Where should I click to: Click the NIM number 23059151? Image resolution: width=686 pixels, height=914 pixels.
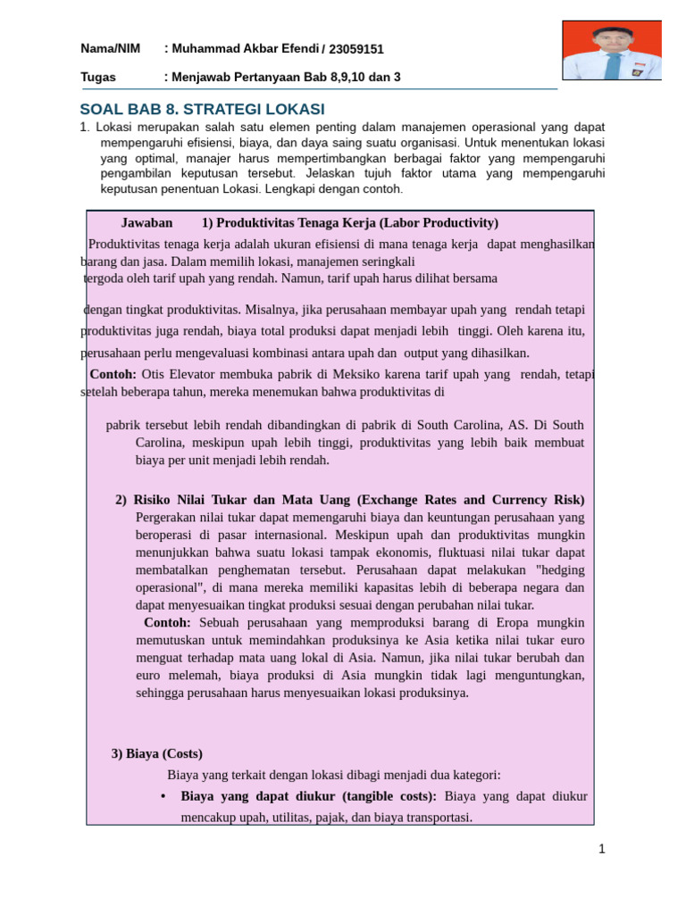click(356, 49)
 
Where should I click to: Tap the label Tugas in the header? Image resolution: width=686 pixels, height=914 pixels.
click(98, 77)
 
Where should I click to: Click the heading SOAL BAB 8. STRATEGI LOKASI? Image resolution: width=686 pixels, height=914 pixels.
click(203, 110)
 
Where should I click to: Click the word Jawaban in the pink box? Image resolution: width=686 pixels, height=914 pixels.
click(146, 223)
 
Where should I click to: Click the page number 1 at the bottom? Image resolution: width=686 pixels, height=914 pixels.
click(602, 849)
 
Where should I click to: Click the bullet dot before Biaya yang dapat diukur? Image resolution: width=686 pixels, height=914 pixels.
click(163, 796)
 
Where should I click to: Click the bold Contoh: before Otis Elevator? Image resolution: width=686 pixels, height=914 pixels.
click(113, 374)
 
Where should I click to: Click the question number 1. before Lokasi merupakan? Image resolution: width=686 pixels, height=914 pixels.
click(86, 127)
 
